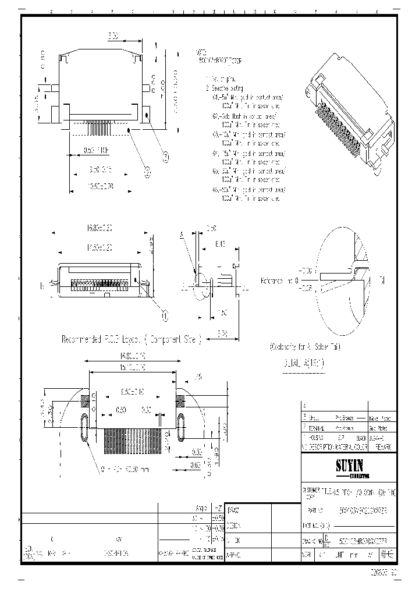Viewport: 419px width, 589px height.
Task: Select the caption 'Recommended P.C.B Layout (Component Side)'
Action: coord(131,339)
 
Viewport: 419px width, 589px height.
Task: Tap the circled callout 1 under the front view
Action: coord(165,315)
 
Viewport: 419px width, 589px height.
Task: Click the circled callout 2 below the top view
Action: coord(147,172)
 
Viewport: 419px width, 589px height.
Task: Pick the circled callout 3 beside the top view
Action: coord(165,156)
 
